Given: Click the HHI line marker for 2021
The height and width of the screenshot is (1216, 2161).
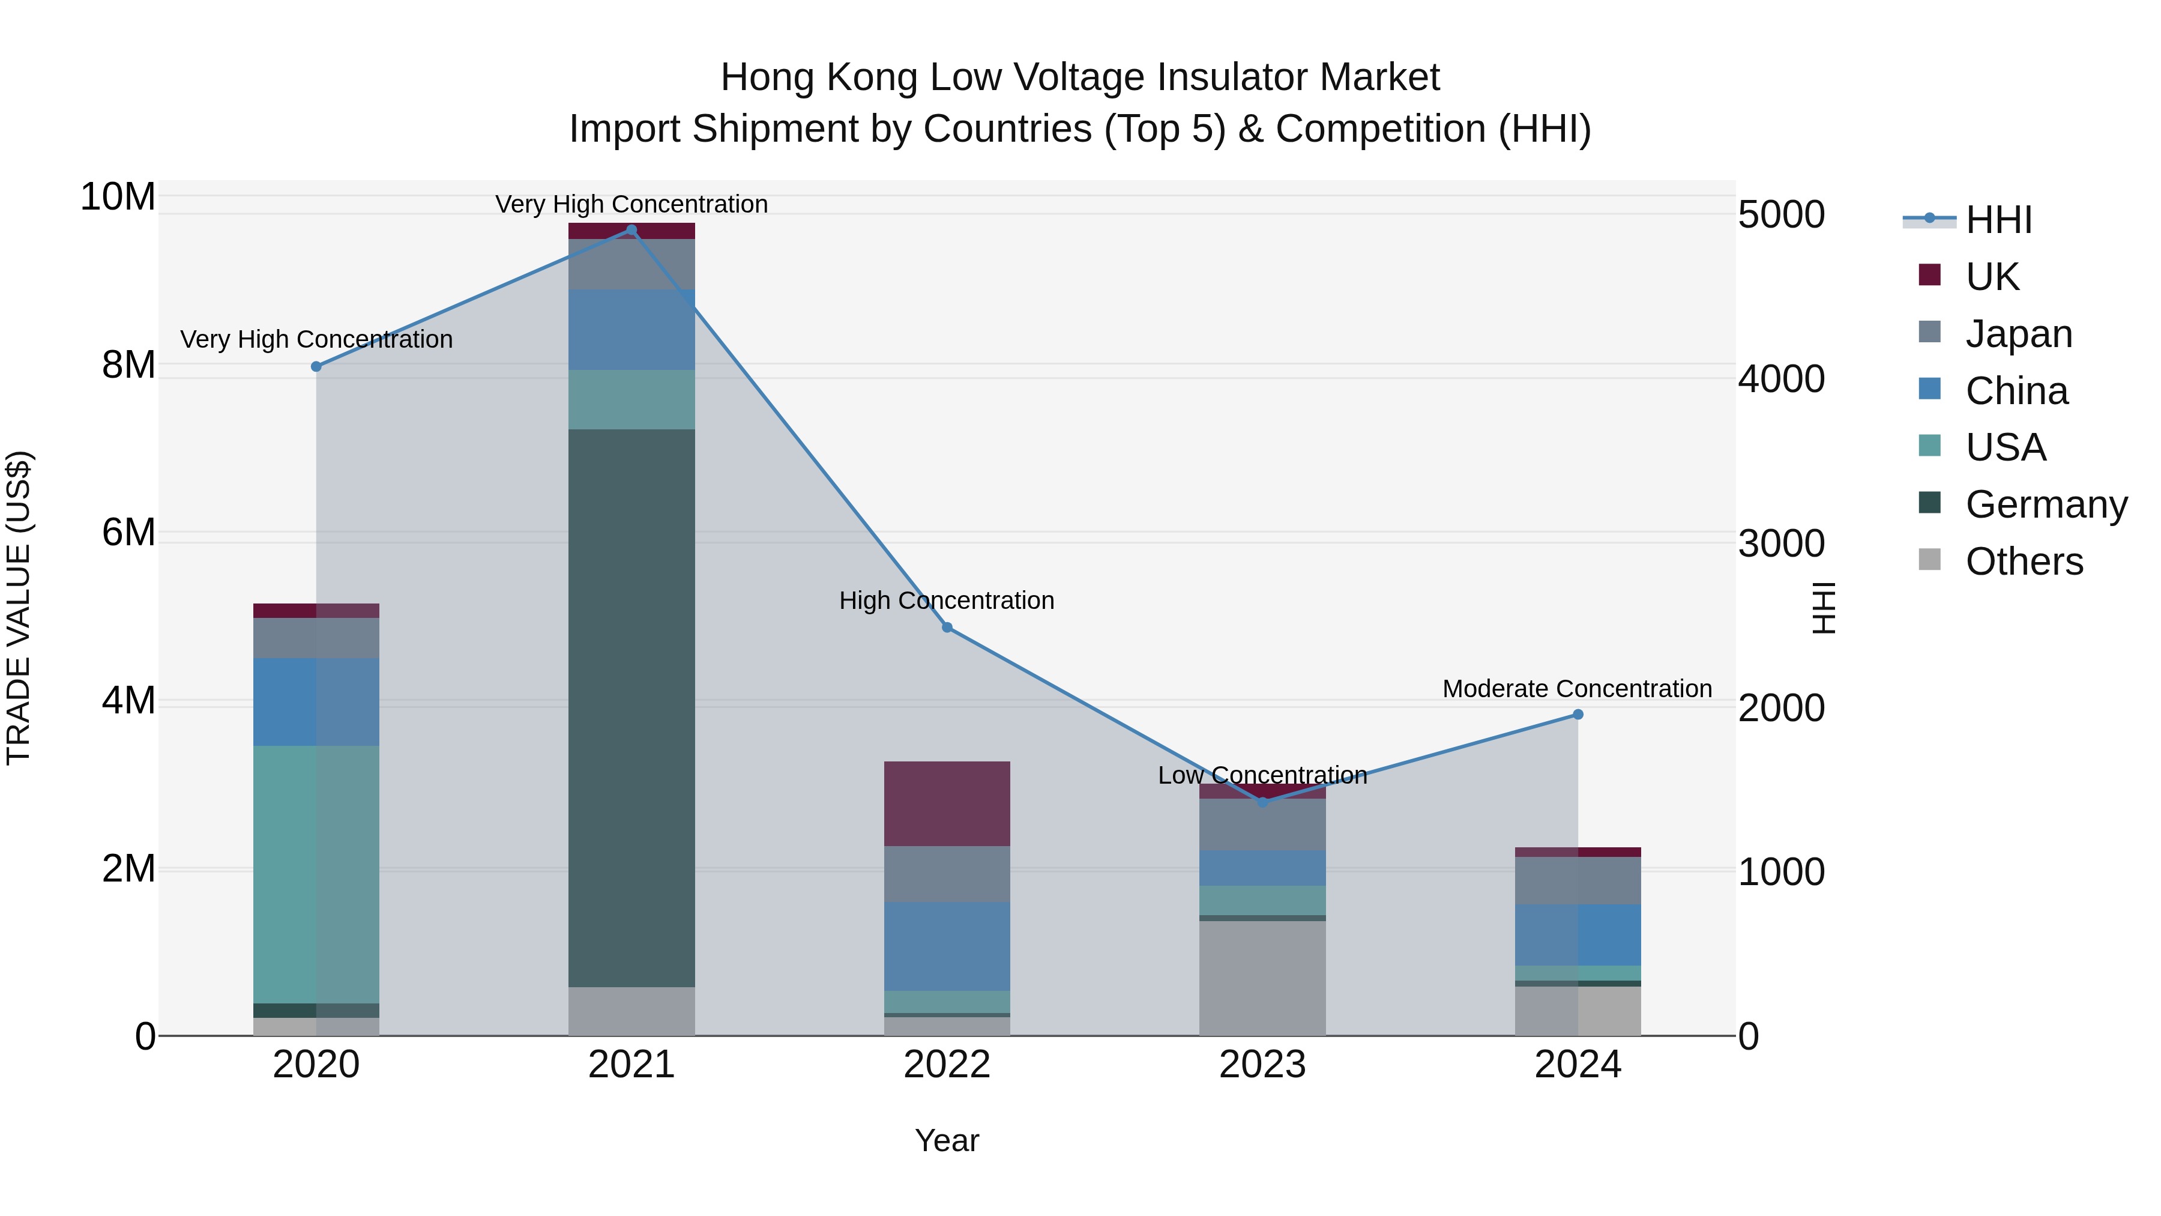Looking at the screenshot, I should point(631,230).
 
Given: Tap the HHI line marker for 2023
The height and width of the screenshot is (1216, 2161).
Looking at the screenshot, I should point(1262,802).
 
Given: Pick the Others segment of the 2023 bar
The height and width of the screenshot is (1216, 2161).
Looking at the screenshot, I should point(1262,978).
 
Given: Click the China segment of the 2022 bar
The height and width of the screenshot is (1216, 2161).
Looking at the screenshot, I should point(947,946).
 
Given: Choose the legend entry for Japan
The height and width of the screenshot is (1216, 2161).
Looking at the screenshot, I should point(2018,333).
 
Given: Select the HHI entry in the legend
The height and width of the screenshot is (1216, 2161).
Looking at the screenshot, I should point(1998,220).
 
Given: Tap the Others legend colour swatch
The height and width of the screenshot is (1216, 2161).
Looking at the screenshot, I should point(1929,560).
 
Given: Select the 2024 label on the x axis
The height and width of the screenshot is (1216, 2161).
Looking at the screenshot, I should point(1577,1065).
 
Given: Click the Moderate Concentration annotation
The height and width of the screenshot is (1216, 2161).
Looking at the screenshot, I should point(1577,689).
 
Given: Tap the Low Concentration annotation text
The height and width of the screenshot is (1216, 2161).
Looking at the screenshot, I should point(1262,775).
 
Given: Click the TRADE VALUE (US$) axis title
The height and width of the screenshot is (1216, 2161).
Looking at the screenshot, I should point(19,608).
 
